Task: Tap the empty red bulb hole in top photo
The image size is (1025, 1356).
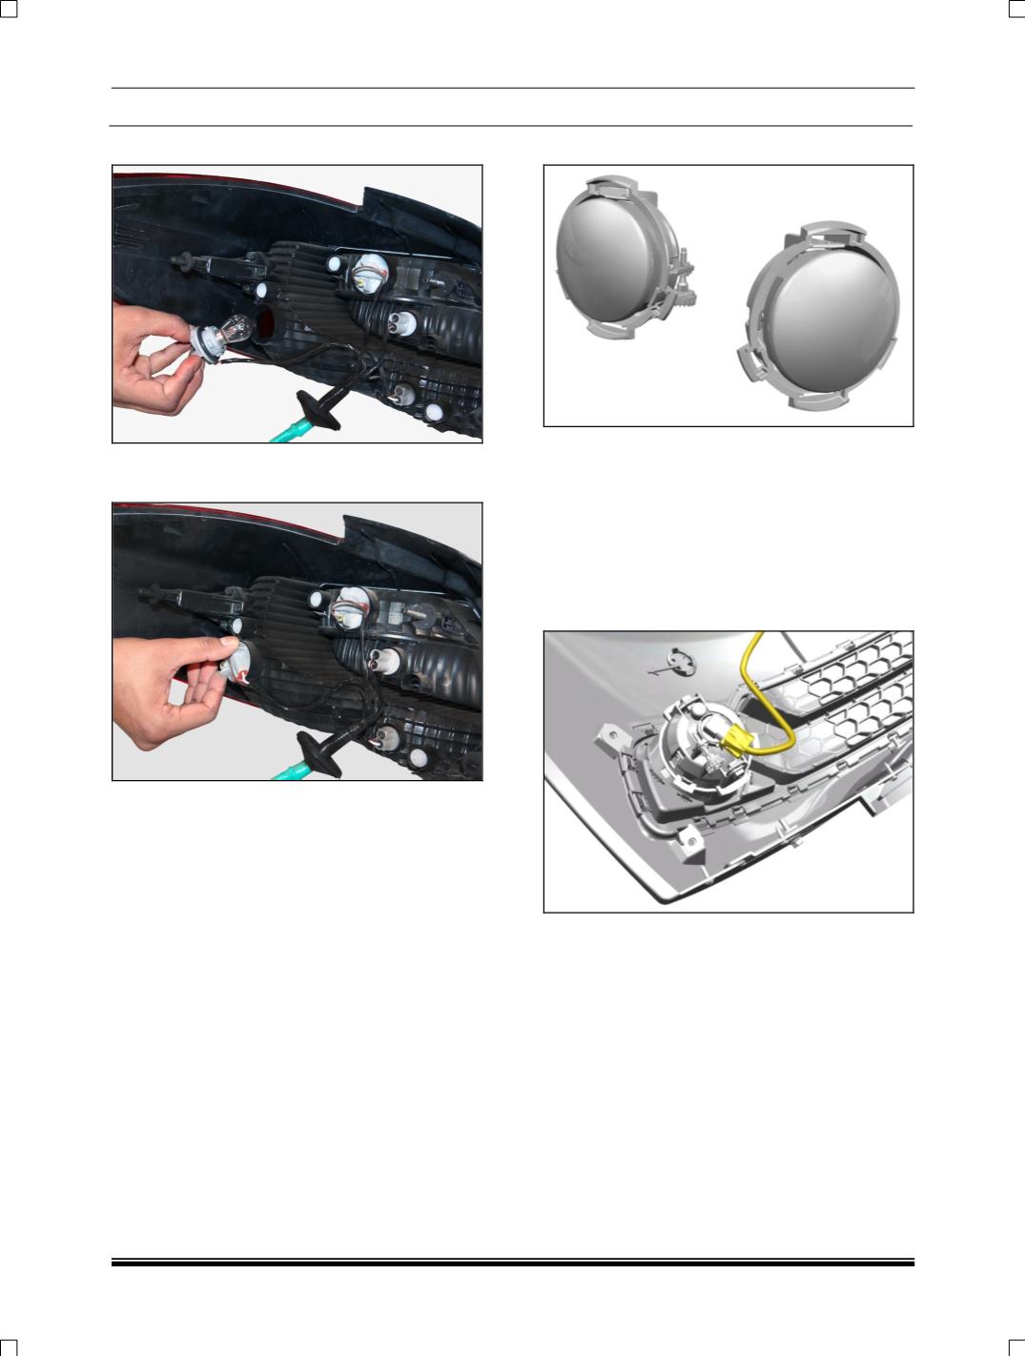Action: (266, 324)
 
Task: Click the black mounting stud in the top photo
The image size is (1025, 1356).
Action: (181, 257)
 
